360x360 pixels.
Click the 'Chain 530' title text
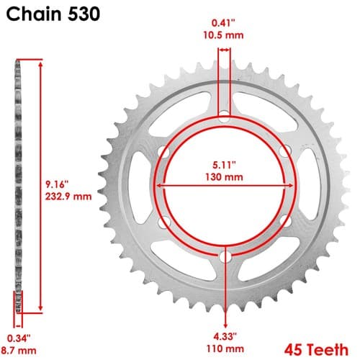coord(53,14)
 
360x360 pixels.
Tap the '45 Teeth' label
coord(316,349)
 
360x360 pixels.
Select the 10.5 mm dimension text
coord(223,35)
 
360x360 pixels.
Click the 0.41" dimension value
coord(223,23)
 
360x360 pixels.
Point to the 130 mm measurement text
coord(224,177)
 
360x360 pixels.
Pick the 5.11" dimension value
coord(224,165)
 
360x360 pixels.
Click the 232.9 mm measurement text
coord(68,197)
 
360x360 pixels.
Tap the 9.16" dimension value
coord(57,184)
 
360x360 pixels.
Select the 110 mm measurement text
coord(225,348)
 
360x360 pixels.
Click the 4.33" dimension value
coord(225,336)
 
